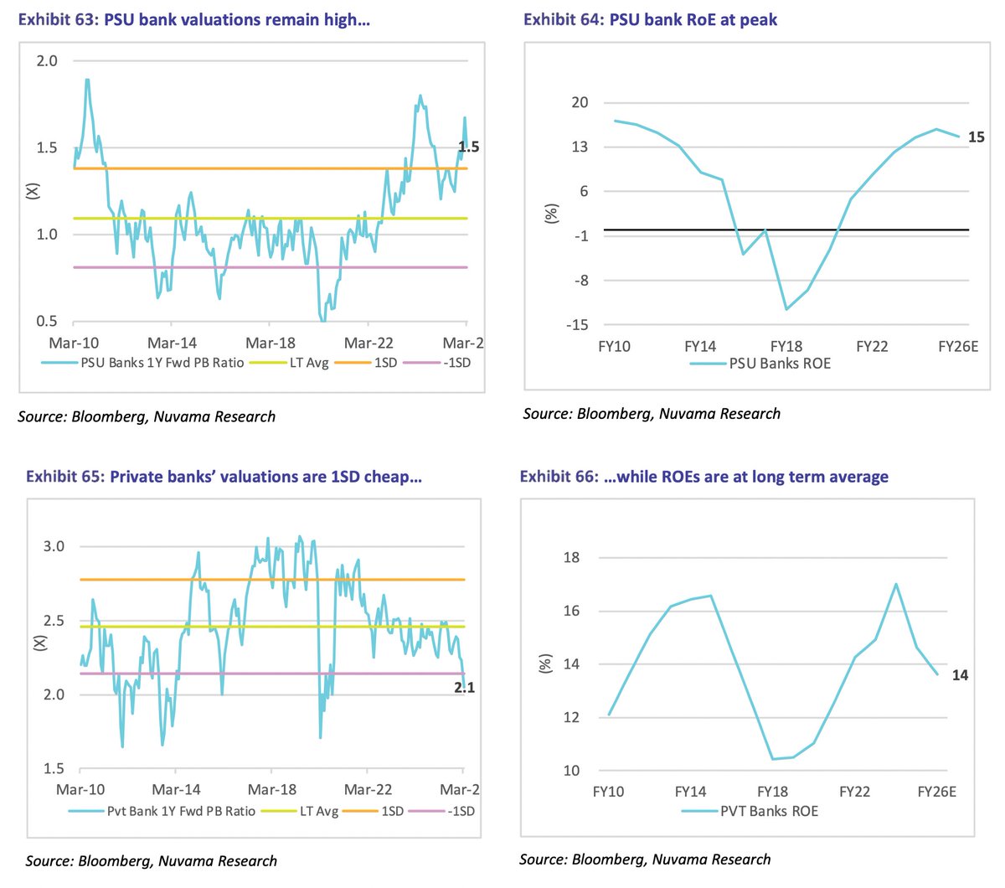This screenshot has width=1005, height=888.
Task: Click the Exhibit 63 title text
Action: (193, 19)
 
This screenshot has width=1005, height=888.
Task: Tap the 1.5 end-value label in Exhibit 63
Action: (468, 147)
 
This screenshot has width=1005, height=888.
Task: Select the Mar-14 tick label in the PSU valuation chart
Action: (172, 343)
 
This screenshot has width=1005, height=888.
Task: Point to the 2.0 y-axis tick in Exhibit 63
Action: (48, 60)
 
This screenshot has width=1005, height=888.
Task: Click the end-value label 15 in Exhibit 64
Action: (976, 137)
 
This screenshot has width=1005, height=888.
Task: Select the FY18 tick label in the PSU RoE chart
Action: (786, 346)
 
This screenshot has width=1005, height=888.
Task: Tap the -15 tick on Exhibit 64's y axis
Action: (577, 325)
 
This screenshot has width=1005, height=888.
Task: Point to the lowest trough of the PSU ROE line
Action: (786, 309)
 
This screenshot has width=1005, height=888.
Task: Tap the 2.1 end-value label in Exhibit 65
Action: (464, 688)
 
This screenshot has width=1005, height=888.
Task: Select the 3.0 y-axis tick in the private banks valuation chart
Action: (54, 546)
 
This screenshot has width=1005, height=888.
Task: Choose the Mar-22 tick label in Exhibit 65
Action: (368, 789)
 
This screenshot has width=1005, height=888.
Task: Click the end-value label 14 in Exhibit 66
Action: (960, 675)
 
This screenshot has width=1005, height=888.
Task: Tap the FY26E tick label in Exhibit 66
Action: (936, 792)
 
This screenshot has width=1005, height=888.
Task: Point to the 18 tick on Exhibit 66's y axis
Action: (571, 558)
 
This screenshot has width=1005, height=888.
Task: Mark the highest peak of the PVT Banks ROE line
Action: (896, 584)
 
